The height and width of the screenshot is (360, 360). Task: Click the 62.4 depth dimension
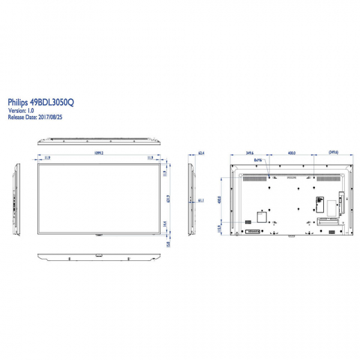point(201,153)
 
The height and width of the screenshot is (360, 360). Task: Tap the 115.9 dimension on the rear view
point(220,228)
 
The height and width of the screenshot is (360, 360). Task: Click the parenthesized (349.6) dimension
point(332,153)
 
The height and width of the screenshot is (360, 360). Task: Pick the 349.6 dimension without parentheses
point(250,153)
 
